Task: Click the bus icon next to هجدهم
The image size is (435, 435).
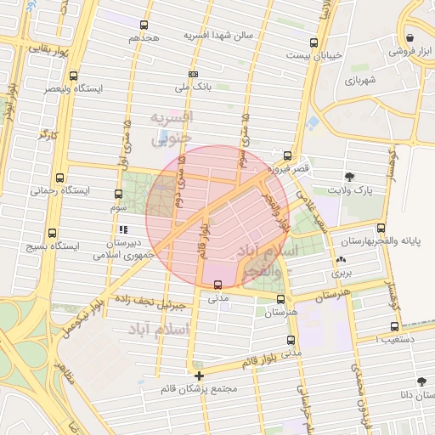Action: (x=144, y=25)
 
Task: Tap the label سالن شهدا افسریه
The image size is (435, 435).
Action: (x=224, y=36)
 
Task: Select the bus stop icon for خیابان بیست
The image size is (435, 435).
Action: (x=314, y=42)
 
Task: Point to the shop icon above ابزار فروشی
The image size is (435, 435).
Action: (x=410, y=38)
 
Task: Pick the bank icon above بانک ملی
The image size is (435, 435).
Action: (x=193, y=74)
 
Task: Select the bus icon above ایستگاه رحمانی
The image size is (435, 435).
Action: (x=59, y=178)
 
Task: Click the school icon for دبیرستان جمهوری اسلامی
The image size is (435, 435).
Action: (x=123, y=229)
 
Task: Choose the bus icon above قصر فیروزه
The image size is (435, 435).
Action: (x=288, y=156)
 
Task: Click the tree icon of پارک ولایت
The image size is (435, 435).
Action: (x=349, y=177)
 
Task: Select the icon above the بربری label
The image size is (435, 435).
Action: (x=341, y=260)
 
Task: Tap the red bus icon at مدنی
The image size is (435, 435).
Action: (x=218, y=285)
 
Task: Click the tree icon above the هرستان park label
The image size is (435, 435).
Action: (x=280, y=298)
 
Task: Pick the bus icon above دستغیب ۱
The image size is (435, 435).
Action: (x=394, y=326)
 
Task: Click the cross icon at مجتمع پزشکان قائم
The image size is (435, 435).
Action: (x=199, y=376)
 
